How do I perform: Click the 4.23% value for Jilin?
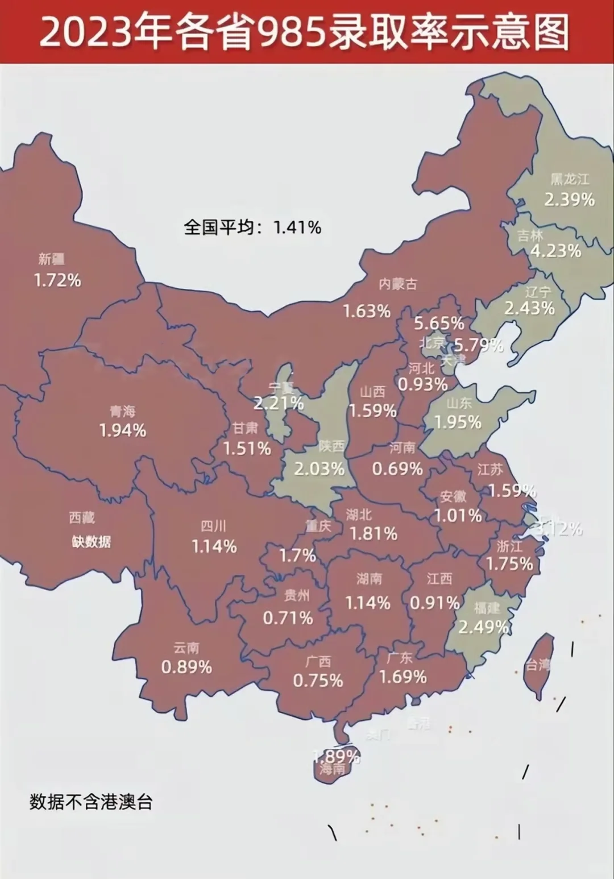tap(555, 251)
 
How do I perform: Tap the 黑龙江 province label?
tap(570, 180)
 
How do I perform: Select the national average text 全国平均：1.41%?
tap(252, 227)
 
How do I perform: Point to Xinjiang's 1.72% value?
tap(57, 280)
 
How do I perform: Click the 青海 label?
tap(122, 411)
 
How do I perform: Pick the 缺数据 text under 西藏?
tap(91, 541)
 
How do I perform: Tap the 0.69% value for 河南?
tap(397, 469)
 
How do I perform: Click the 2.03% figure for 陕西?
tap(319, 469)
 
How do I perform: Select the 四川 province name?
tap(214, 526)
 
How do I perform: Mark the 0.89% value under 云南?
tap(186, 667)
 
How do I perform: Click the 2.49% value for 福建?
tap(483, 627)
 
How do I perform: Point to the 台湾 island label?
tap(537, 664)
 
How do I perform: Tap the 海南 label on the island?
tap(332, 770)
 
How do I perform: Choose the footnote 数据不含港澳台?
tap(91, 802)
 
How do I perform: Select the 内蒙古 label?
tap(398, 284)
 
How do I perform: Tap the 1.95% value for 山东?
tap(458, 422)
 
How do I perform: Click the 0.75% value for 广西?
tap(318, 681)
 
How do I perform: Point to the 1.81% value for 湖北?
tap(373, 534)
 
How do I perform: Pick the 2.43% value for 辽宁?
tap(529, 308)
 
